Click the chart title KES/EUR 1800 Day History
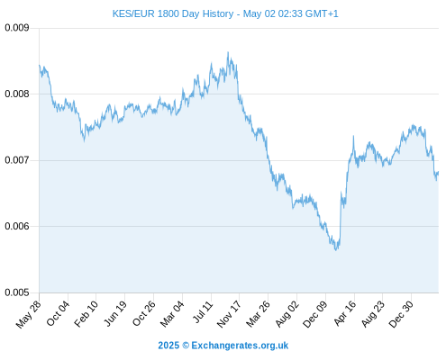(x=173, y=13)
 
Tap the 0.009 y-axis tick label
(x=17, y=28)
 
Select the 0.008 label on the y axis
(x=17, y=94)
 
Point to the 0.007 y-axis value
(x=17, y=160)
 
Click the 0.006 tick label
(x=17, y=226)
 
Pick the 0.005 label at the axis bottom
(x=17, y=292)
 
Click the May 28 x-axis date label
(x=29, y=314)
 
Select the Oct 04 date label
(x=58, y=313)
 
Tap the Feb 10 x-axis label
(x=86, y=314)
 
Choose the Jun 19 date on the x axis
(x=115, y=313)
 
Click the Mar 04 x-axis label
(x=172, y=314)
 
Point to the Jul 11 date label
(x=203, y=312)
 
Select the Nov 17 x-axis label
(x=229, y=314)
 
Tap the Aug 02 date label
(x=287, y=314)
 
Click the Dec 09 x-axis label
(x=315, y=314)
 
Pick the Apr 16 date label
(x=345, y=313)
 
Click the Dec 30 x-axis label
(x=402, y=314)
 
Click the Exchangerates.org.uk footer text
(x=240, y=346)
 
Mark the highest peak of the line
(x=228, y=52)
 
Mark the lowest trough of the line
(x=336, y=250)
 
